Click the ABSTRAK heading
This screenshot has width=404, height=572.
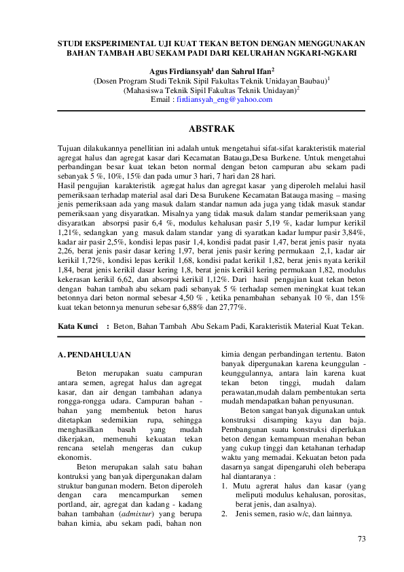pyautogui.click(x=211, y=128)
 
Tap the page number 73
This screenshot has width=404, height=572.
pyautogui.click(x=361, y=539)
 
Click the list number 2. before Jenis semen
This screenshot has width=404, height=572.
pyautogui.click(x=227, y=514)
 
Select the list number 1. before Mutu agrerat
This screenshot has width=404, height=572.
pyautogui.click(x=226, y=486)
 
